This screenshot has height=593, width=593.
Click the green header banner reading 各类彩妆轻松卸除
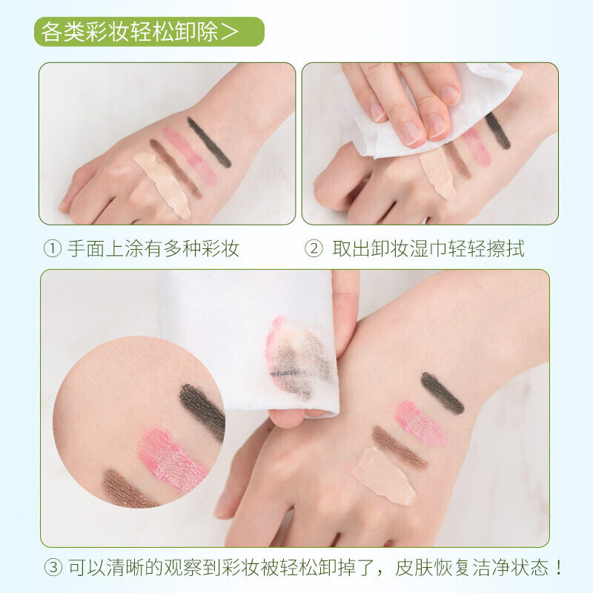point(148,33)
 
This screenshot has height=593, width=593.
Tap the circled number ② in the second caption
point(314,249)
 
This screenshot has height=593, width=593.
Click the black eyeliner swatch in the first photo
point(209,142)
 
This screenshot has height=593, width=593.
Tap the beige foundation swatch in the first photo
point(162,185)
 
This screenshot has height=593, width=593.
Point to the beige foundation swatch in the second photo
point(437,173)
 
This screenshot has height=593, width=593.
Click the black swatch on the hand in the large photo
point(443,393)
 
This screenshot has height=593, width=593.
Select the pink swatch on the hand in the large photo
point(420,423)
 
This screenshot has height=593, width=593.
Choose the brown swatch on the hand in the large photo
point(400,448)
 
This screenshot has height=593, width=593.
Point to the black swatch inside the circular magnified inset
point(202,411)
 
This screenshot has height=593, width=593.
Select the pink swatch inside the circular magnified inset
point(170,460)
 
